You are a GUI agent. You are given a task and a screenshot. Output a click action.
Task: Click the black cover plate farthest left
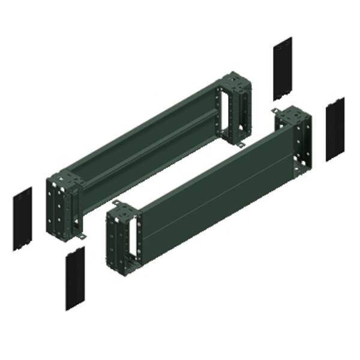click(23, 218)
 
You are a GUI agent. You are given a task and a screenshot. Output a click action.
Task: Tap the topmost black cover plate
click(282, 68)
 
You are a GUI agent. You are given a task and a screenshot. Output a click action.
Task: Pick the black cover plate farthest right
click(335, 128)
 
